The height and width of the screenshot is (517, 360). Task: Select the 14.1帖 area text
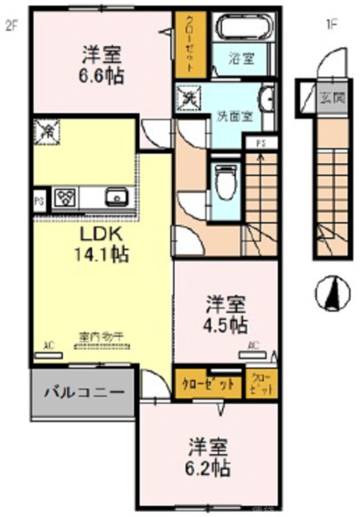102,253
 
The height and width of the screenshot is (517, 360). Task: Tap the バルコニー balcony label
83,393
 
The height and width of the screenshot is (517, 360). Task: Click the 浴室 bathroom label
241,57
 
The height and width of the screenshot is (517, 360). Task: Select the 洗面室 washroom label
235,116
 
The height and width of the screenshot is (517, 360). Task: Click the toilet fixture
224,179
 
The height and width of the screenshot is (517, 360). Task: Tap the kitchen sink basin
116,195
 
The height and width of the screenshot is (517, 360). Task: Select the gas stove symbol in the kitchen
65,196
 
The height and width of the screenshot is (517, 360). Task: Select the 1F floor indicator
331,25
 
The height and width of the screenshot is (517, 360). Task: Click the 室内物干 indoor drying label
99,337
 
